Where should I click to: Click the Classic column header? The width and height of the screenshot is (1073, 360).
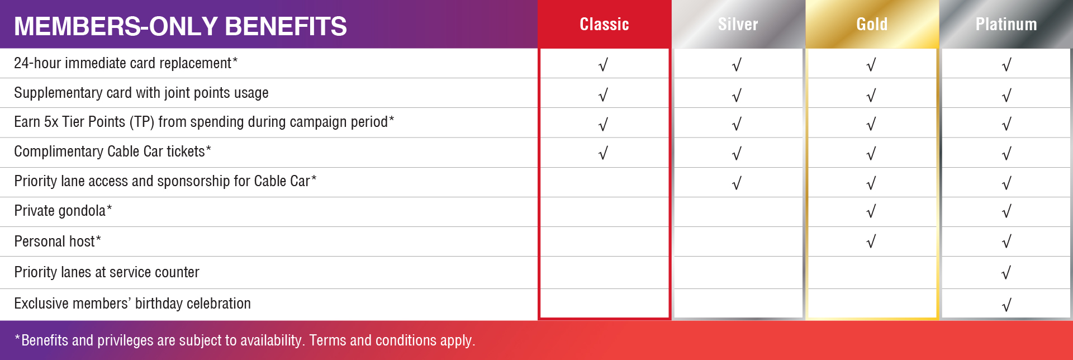click(x=604, y=24)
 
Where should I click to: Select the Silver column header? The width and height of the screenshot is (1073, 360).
click(x=738, y=24)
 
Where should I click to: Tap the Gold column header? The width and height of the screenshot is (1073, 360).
click(x=872, y=24)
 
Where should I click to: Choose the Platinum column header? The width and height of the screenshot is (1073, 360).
click(x=1006, y=24)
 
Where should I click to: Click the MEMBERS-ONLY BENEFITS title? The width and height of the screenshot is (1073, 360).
click(x=180, y=26)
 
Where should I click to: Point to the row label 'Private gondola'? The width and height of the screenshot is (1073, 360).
click(x=63, y=211)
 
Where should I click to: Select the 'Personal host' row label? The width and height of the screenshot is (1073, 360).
click(x=58, y=241)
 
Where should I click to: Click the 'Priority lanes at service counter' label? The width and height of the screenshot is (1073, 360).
click(x=107, y=272)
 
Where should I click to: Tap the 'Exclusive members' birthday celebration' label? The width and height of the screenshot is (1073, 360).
click(x=132, y=304)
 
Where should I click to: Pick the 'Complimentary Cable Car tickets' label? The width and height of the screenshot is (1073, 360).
click(x=112, y=151)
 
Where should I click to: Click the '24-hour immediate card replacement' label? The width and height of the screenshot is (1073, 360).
click(x=126, y=63)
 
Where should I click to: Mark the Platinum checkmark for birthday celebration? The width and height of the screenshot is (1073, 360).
click(x=1006, y=305)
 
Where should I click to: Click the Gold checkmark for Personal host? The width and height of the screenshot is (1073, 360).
click(x=871, y=241)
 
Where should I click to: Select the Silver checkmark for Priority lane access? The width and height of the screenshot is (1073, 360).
click(x=737, y=183)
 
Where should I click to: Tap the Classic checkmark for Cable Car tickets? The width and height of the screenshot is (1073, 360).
click(x=603, y=153)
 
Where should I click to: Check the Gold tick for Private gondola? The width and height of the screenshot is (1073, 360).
click(x=871, y=211)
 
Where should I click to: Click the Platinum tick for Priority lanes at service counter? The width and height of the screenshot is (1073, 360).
click(x=1006, y=273)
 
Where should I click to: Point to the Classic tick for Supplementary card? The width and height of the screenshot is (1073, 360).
click(x=603, y=95)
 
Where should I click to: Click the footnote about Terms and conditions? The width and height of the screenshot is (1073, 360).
click(x=245, y=340)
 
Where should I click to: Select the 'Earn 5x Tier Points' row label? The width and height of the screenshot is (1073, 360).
click(x=204, y=122)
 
